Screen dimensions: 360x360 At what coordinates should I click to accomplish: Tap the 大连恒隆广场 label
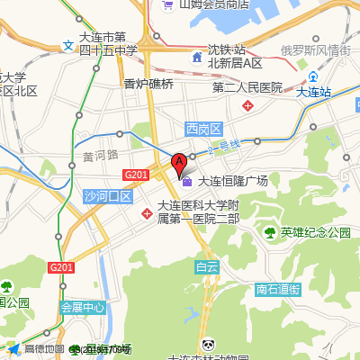pos(232,181)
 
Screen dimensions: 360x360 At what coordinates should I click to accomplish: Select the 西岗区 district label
pos(202,129)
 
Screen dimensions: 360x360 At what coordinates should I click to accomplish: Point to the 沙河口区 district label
pos(107,196)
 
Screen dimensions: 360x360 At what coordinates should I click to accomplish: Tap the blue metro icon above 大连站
pos(312,76)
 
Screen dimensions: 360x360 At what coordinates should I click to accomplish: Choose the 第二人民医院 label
pos(247,88)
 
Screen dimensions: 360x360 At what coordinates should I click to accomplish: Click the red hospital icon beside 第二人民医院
pos(247,105)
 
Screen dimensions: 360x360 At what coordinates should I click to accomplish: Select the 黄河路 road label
pos(100,154)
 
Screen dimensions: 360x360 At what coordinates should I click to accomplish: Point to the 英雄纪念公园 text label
pos(315,233)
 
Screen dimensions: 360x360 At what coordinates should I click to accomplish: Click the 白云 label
pos(206,266)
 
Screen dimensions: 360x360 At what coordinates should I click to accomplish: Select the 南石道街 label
pos(276,290)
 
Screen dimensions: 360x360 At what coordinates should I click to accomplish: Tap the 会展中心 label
pos(83,306)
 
